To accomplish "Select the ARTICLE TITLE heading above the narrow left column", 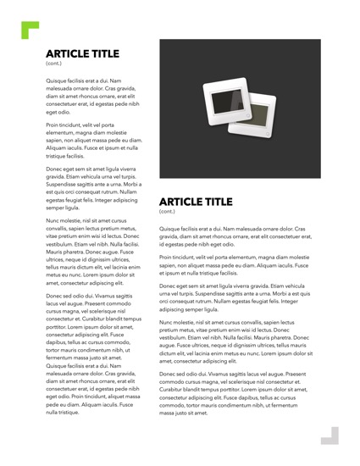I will click(86, 53).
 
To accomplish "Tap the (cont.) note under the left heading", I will click(53, 64).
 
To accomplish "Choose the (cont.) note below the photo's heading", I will click(168, 212).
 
